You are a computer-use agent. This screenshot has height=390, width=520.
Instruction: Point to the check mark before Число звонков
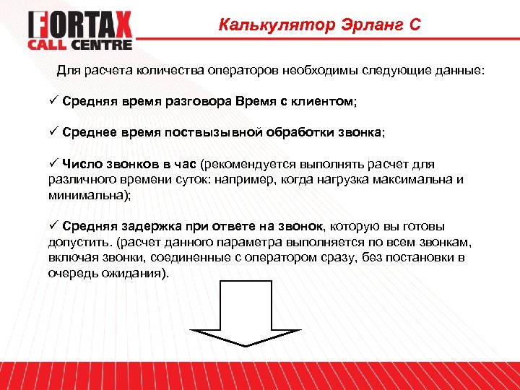[x=53, y=165]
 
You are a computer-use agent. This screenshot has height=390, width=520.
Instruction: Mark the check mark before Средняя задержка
[x=53, y=226]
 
